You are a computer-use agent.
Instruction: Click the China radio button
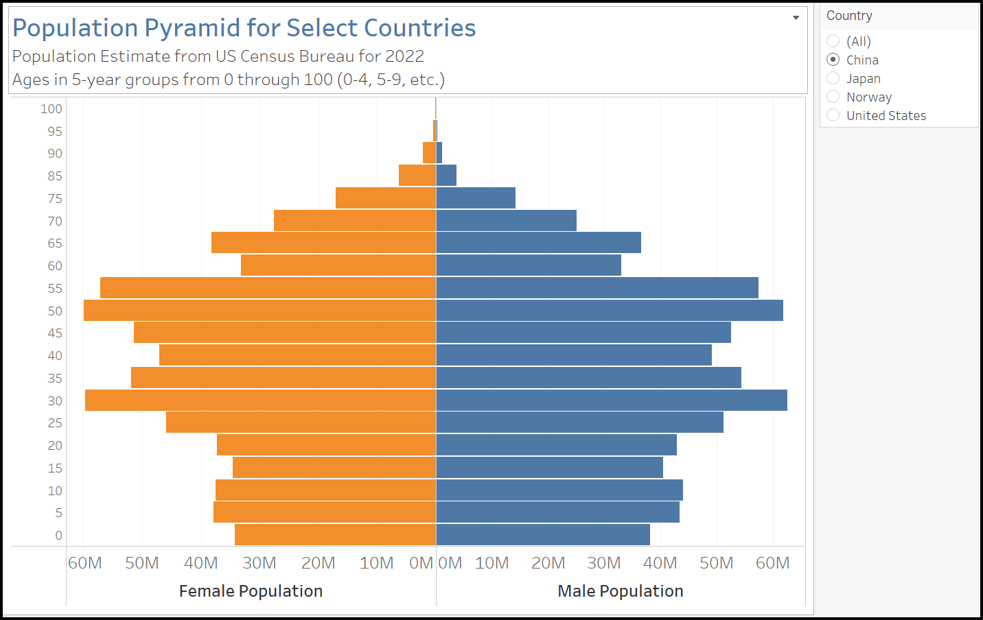click(x=833, y=60)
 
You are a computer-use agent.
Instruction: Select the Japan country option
click(x=833, y=78)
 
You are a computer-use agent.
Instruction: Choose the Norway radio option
click(x=833, y=97)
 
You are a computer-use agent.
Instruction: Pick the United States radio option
click(x=833, y=115)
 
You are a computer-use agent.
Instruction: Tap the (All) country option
click(x=833, y=41)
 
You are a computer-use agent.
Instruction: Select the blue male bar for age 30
click(x=612, y=400)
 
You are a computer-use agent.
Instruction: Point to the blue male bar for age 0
click(x=543, y=535)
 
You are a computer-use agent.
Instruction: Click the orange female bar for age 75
click(x=386, y=198)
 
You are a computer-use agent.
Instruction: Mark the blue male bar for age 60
click(x=529, y=265)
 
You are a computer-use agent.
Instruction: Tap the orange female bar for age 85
click(x=417, y=176)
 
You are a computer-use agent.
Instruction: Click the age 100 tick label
click(x=51, y=109)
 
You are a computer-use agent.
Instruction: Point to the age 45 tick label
click(x=55, y=333)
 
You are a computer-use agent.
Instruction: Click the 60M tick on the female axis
click(x=85, y=563)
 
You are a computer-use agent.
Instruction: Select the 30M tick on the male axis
click(x=604, y=563)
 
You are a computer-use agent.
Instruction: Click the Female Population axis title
click(x=251, y=591)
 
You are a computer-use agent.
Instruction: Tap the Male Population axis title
click(x=621, y=591)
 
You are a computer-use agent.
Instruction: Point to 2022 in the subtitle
click(x=404, y=56)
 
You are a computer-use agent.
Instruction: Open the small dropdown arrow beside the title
click(x=796, y=18)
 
